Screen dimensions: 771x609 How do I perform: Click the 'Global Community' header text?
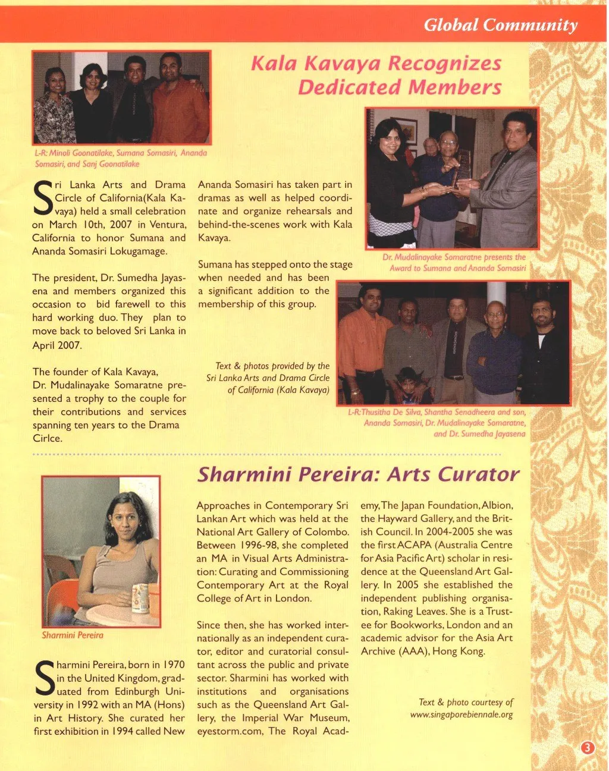click(500, 25)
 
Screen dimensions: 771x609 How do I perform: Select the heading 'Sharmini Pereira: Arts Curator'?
click(358, 474)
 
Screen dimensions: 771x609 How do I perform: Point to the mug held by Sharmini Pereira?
click(140, 598)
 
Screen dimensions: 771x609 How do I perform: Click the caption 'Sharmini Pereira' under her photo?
click(73, 635)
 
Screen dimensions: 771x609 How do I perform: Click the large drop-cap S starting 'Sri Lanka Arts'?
click(43, 198)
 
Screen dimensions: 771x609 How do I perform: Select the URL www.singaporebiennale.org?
click(461, 715)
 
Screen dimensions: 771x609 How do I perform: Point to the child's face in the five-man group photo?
click(407, 378)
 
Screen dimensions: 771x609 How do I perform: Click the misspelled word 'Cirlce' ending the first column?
click(47, 438)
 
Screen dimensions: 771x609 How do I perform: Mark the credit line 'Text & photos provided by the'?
click(272, 366)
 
